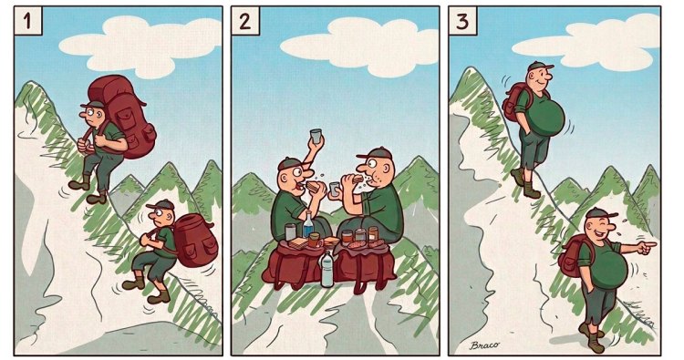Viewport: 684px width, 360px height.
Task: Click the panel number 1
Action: tap(27, 21)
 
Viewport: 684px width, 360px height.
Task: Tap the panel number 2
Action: tap(245, 21)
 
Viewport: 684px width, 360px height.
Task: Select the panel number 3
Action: tap(462, 21)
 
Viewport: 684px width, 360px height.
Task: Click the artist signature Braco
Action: tap(484, 345)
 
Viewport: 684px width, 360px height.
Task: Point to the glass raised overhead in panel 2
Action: tap(316, 135)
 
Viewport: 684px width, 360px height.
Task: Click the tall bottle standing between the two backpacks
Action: tap(326, 270)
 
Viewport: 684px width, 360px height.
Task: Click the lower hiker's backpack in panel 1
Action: tap(194, 240)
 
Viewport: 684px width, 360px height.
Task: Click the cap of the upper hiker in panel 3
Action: tap(539, 67)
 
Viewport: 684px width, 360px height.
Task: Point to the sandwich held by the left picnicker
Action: tap(314, 187)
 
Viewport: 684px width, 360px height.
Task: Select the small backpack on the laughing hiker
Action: tap(572, 255)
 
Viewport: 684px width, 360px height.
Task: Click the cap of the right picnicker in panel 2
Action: tap(374, 153)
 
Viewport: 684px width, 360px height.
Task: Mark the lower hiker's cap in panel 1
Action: tap(161, 204)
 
